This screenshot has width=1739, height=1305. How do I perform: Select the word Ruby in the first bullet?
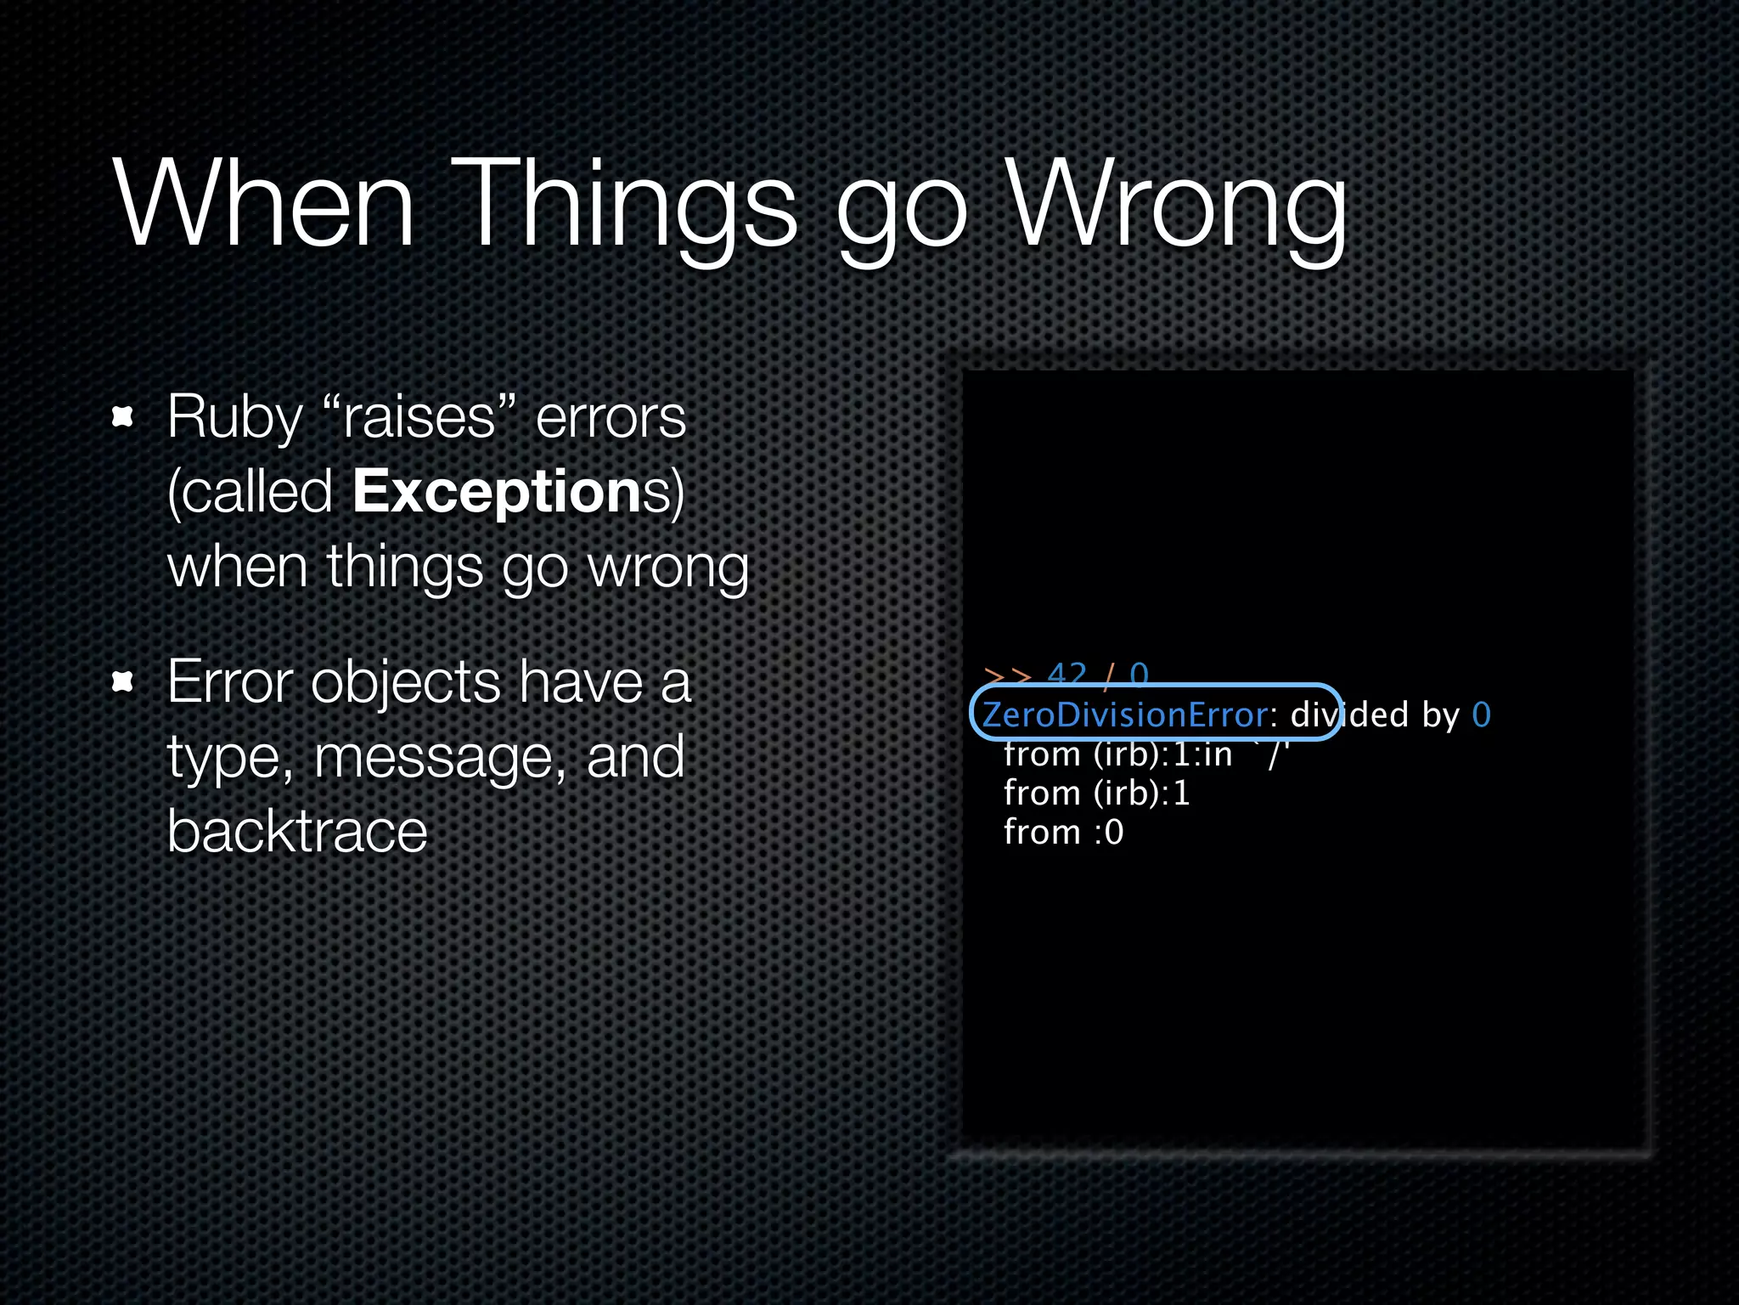point(234,418)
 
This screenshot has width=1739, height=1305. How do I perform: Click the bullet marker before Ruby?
point(123,416)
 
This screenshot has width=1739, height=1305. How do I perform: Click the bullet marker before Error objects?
point(123,681)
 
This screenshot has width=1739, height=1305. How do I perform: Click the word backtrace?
point(297,831)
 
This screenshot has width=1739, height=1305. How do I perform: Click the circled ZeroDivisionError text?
point(1125,715)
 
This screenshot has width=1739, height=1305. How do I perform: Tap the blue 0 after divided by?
point(1481,715)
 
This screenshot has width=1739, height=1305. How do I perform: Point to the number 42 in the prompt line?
point(1067,675)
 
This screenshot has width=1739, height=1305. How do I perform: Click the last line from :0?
point(1063,832)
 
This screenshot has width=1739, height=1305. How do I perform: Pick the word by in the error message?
point(1440,715)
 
